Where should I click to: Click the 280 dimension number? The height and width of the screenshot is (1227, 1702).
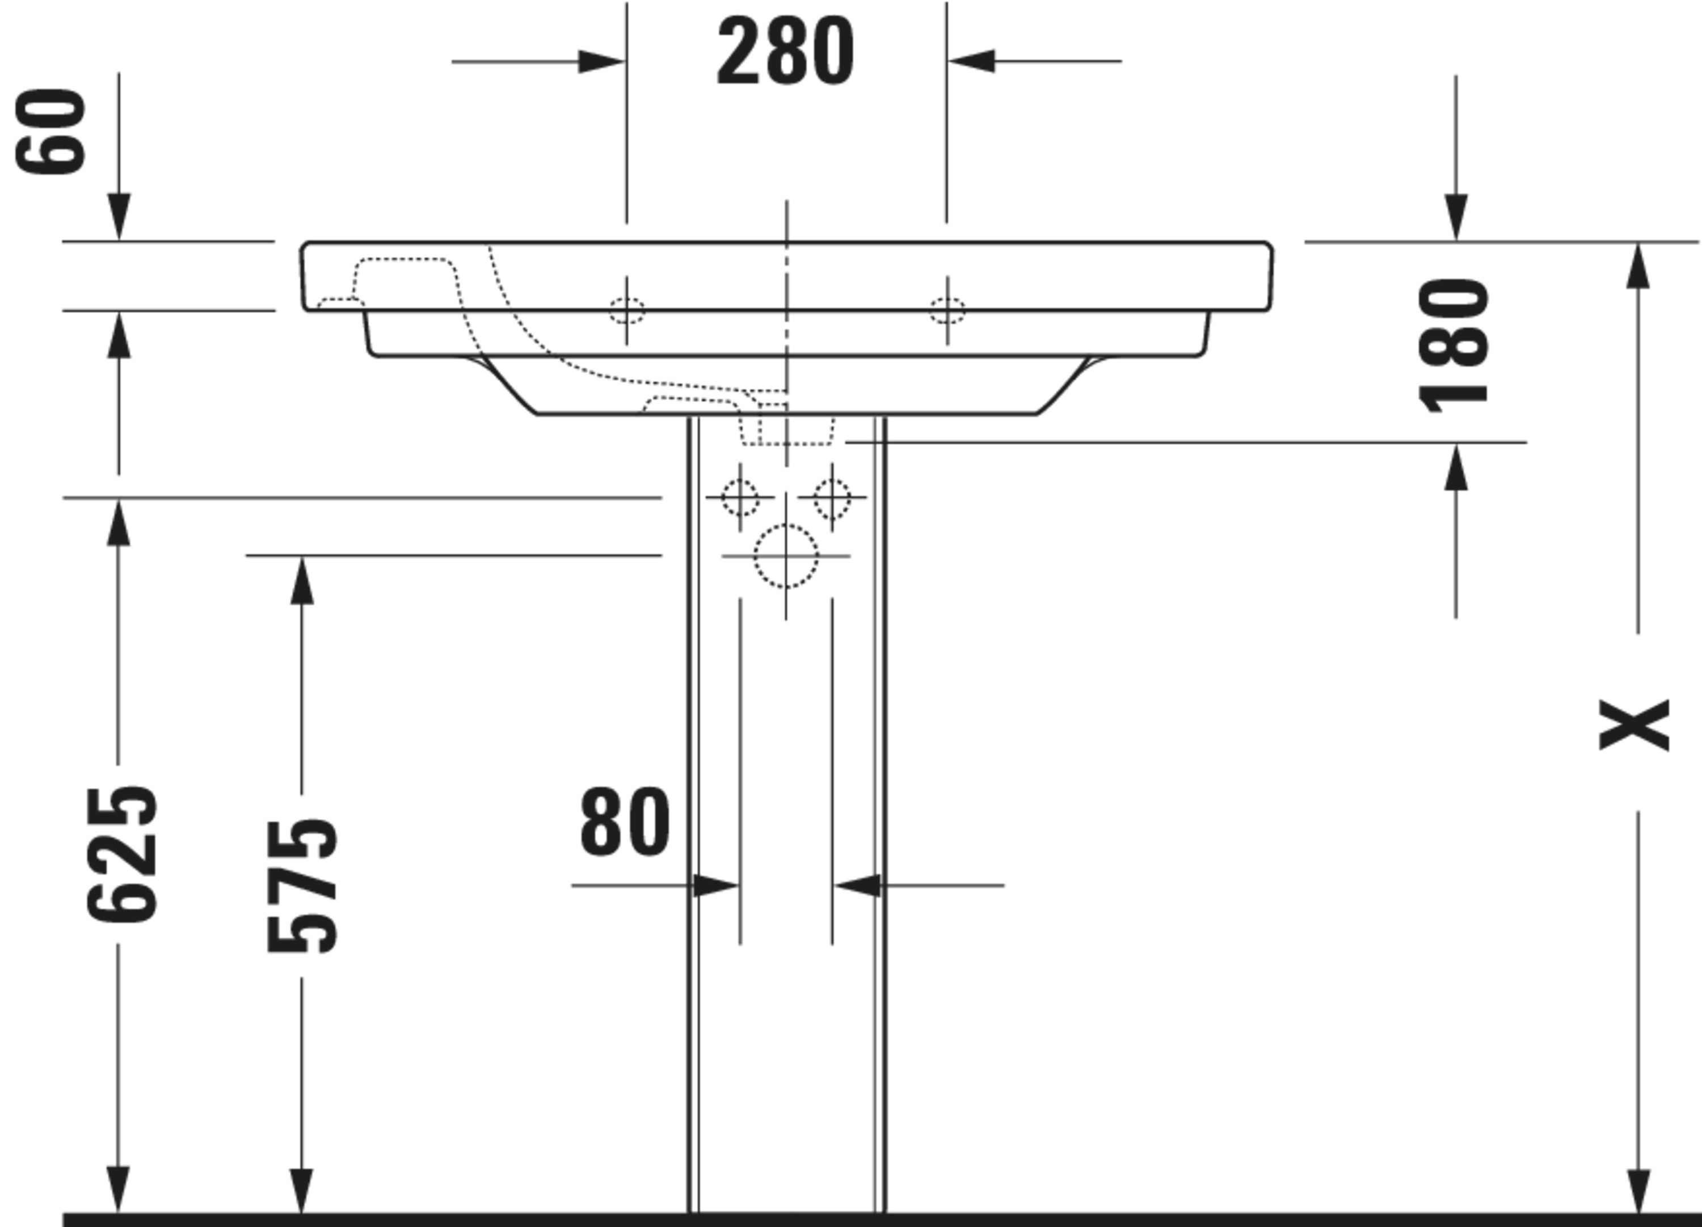(786, 51)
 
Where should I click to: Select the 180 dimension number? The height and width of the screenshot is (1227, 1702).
(1454, 345)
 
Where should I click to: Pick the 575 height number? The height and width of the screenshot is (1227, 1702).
(302, 886)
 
